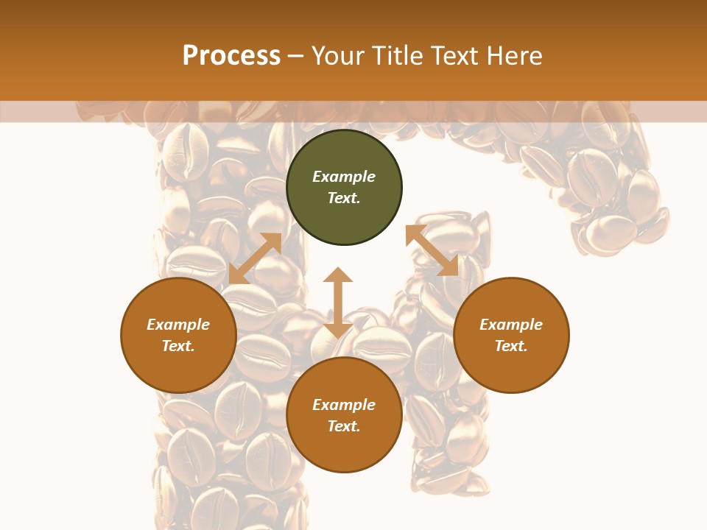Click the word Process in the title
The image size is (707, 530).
click(231, 56)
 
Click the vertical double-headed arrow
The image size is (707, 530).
click(338, 303)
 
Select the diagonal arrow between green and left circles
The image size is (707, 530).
click(255, 258)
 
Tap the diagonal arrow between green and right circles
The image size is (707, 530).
click(432, 251)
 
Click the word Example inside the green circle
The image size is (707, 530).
click(344, 177)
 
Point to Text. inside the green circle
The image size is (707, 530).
click(344, 198)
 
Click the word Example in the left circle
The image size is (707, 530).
click(178, 325)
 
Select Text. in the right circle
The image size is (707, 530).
click(511, 346)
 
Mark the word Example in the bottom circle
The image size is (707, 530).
click(344, 405)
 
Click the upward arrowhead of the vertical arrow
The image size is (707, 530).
click(338, 275)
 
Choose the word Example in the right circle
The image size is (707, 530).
click(511, 325)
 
